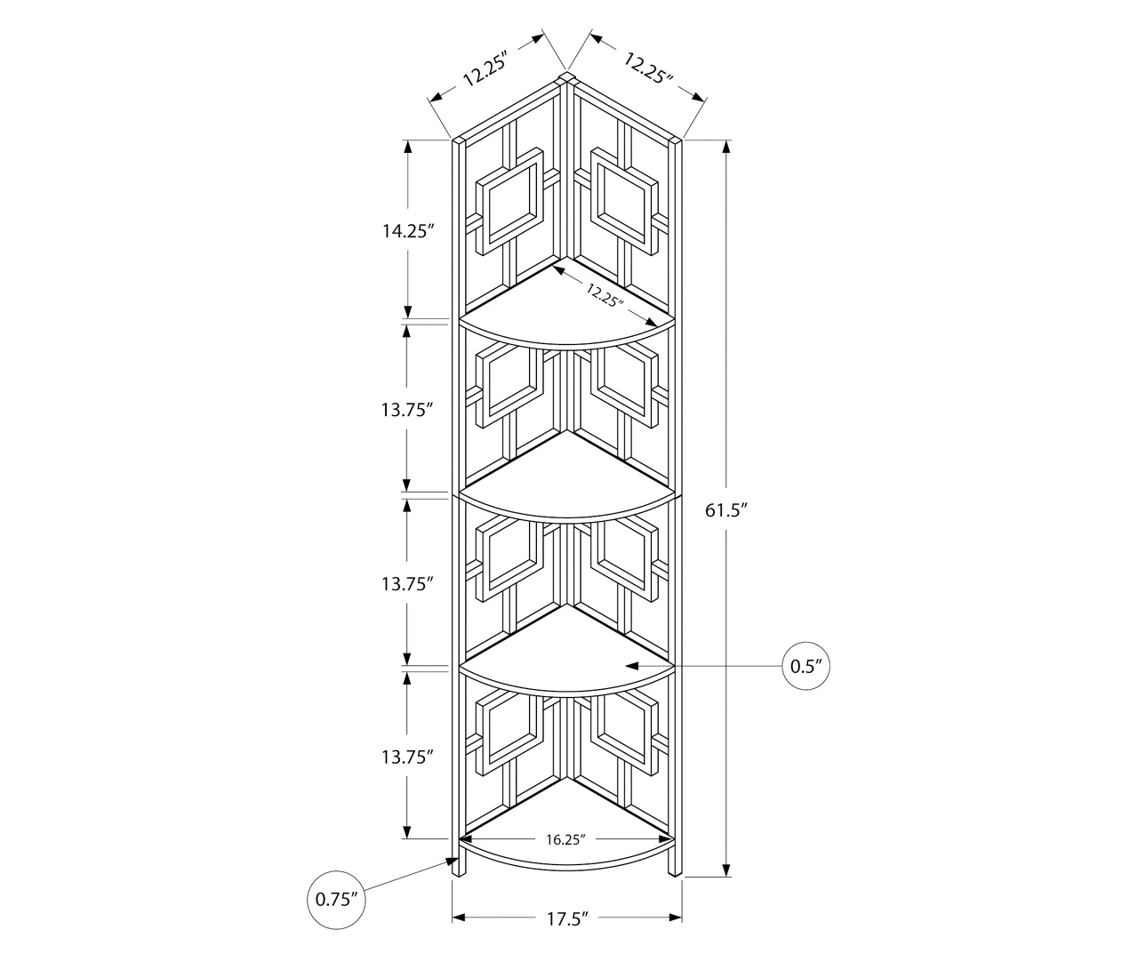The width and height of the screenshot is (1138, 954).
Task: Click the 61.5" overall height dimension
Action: [725, 510]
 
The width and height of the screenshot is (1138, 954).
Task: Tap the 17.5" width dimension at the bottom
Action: [567, 918]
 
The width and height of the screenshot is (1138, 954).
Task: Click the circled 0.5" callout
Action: [805, 666]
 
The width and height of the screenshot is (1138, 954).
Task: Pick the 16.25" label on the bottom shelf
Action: [565, 839]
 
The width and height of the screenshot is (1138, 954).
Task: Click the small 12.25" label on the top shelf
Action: [605, 294]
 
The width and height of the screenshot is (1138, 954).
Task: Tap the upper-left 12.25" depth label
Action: [485, 68]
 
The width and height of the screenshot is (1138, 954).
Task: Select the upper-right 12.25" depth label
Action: [648, 68]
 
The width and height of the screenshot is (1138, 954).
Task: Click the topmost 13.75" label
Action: [407, 409]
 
